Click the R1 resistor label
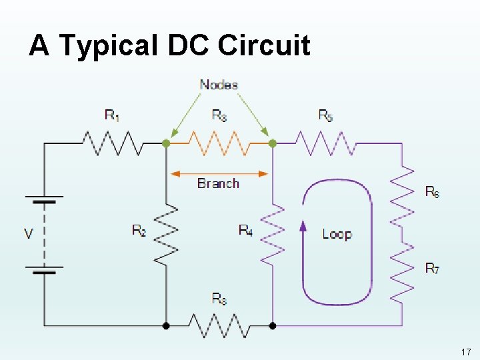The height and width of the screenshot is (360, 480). pos(112,115)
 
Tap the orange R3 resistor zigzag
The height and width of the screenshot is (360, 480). pos(219,143)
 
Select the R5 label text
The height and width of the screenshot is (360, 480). pos(325,115)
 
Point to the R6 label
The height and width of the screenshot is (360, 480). pos(432,192)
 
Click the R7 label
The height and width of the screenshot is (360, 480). pos(432,269)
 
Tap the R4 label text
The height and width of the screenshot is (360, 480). pos(245,231)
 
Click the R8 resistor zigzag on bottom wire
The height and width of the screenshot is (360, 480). pos(219,326)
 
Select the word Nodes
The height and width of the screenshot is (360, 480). pos(219,85)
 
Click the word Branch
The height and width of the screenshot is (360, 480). pos(218,183)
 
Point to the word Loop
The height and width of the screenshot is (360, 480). pos(337,234)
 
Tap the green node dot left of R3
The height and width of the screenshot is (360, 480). pos(166,143)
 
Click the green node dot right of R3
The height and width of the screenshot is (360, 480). pos(272,143)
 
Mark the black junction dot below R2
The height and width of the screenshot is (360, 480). pos(166,326)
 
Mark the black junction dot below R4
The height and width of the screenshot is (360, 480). pos(272,326)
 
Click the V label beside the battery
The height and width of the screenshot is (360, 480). pos(29,233)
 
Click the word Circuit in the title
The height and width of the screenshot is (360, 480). pos(264,45)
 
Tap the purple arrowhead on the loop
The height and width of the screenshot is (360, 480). pos(303,226)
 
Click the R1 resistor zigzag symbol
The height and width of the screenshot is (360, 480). pos(112,143)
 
